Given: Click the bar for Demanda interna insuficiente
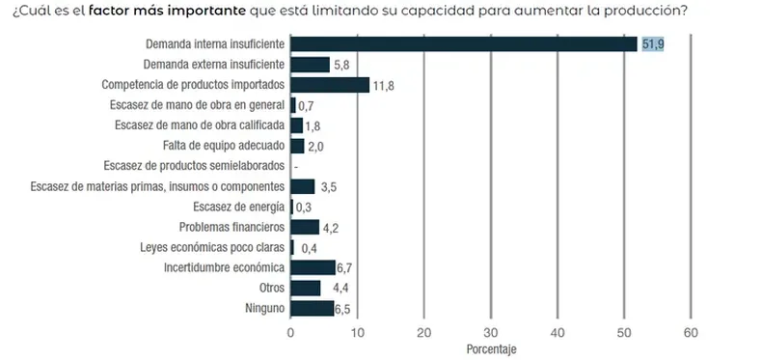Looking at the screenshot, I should click(x=463, y=43).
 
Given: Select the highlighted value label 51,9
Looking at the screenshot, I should click(x=652, y=43).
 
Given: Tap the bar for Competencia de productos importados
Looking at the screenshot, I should click(x=330, y=85).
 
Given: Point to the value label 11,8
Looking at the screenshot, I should click(x=383, y=85).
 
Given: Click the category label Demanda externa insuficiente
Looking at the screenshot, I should click(x=213, y=65).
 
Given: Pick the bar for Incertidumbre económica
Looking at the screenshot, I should click(x=313, y=267).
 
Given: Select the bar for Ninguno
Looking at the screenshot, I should click(x=312, y=309).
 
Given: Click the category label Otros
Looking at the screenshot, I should click(x=272, y=289).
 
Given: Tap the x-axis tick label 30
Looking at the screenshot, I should click(x=491, y=331).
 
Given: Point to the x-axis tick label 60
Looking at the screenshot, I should click(x=691, y=331).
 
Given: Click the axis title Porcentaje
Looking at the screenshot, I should click(x=492, y=348).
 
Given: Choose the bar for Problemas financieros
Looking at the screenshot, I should click(x=305, y=227).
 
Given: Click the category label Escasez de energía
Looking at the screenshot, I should click(x=238, y=207).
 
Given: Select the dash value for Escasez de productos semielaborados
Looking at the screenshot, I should click(x=295, y=166).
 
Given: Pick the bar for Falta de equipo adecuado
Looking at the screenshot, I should click(x=297, y=146).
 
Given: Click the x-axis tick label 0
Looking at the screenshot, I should click(x=291, y=331).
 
